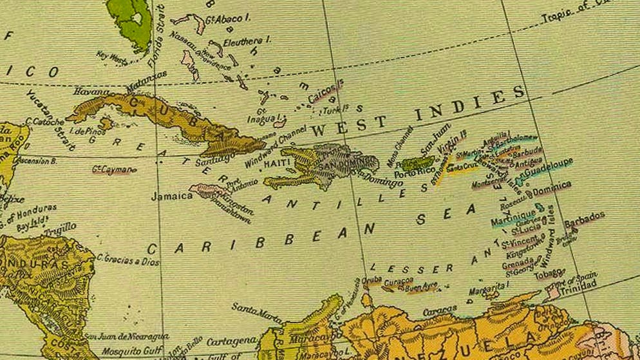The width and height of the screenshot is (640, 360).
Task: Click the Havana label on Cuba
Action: click(x=92, y=92)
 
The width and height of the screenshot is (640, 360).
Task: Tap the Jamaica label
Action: click(x=172, y=196)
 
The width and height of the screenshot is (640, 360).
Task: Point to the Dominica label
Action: click(x=551, y=189)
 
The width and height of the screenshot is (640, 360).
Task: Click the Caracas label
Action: click(x=440, y=310)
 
